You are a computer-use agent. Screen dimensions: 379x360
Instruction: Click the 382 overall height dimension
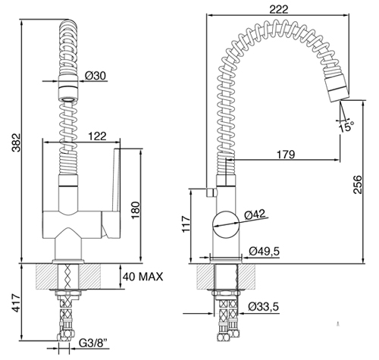coord(16,142)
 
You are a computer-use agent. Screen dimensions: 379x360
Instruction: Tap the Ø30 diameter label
coord(96,76)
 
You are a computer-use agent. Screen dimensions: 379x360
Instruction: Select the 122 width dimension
coord(98,136)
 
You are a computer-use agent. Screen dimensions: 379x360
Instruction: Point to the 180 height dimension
coord(135,211)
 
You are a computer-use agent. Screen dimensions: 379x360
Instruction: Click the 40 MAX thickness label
coord(143,277)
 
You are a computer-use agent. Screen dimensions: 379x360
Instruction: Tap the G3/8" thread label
coord(93,343)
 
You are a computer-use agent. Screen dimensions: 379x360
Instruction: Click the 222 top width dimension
coord(278,10)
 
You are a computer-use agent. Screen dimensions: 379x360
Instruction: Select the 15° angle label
coord(346,127)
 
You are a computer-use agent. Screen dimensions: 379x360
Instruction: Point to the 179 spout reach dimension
coord(286,155)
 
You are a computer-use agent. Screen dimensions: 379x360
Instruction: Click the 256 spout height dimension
coord(358,185)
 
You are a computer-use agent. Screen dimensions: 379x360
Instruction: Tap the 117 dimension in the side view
coord(186,224)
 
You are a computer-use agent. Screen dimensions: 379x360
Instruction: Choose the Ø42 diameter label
coord(255,214)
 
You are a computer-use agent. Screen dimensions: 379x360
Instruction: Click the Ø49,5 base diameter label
coord(264,252)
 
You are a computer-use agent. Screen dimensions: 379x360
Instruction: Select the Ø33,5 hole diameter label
coord(263,307)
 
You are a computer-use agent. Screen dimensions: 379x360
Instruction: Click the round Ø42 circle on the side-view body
coord(226,224)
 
